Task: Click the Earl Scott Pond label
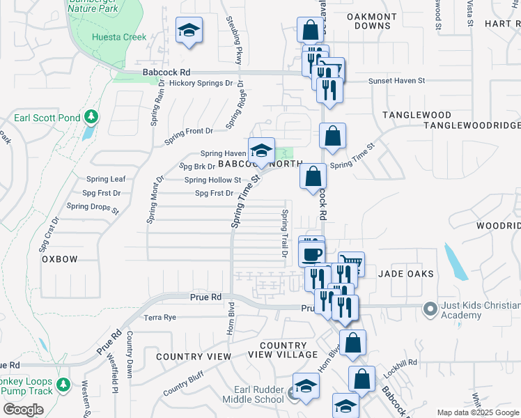(x=47, y=118)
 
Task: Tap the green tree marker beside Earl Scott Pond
(x=91, y=116)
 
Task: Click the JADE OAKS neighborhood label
(x=406, y=274)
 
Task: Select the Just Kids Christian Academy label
(x=481, y=311)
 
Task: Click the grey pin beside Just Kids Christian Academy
(x=430, y=307)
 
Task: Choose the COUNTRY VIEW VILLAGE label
(x=283, y=350)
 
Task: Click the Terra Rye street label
(x=160, y=318)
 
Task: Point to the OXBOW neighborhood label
(x=59, y=258)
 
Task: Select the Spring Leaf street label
(x=106, y=179)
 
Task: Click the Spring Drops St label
(x=93, y=206)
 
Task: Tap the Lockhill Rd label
(x=402, y=363)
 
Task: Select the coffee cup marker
(x=311, y=253)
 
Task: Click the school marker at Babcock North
(x=260, y=151)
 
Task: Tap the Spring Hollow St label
(x=212, y=180)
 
